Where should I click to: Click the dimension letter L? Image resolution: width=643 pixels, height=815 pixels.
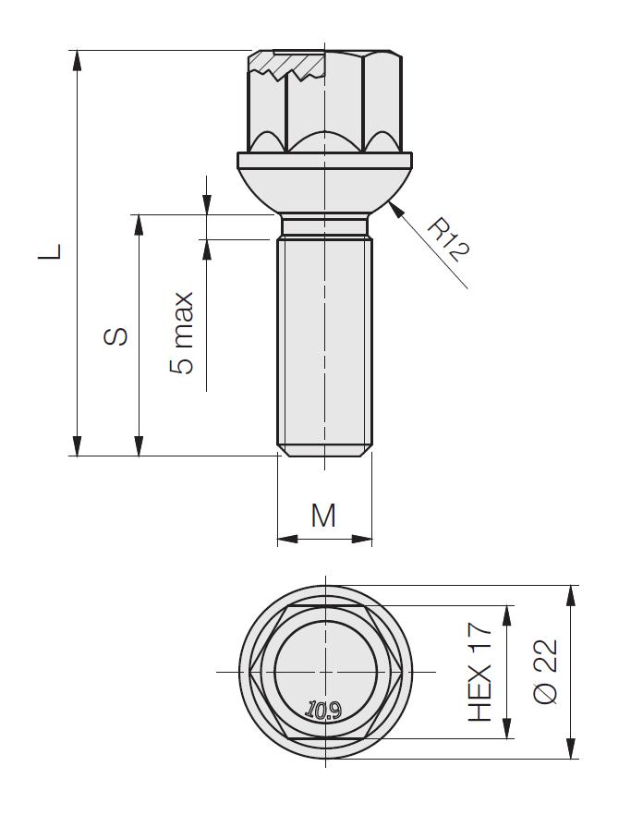pyautogui.click(x=51, y=251)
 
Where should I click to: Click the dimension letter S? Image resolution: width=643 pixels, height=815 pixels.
pyautogui.click(x=115, y=336)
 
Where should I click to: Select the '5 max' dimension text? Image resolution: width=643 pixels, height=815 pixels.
pyautogui.click(x=182, y=334)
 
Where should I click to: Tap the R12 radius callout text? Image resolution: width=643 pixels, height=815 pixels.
pyautogui.click(x=448, y=240)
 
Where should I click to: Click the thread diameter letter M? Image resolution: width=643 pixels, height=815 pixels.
pyautogui.click(x=323, y=516)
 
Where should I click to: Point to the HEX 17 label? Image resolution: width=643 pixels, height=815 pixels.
pyautogui.click(x=479, y=672)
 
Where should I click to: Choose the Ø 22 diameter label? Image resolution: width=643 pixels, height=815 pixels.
pyautogui.click(x=546, y=672)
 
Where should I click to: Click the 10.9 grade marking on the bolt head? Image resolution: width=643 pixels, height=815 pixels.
pyautogui.click(x=323, y=710)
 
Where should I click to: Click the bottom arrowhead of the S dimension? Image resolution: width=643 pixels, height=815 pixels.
pyautogui.click(x=139, y=446)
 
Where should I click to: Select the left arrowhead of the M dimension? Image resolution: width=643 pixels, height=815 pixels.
pyautogui.click(x=287, y=539)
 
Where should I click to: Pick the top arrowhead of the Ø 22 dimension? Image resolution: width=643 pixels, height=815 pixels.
pyautogui.click(x=571, y=595)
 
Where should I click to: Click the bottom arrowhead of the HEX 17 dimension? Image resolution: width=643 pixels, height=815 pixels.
pyautogui.click(x=506, y=728)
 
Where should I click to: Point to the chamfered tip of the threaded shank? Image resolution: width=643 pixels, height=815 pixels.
pyautogui.click(x=324, y=450)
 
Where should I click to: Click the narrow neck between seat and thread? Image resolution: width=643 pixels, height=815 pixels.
pyautogui.click(x=324, y=225)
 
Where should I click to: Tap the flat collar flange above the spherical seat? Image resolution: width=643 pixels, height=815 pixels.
pyautogui.click(x=324, y=160)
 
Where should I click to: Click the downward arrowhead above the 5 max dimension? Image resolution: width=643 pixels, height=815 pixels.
pyautogui.click(x=207, y=204)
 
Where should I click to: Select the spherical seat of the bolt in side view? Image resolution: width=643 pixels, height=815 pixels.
pyautogui.click(x=324, y=191)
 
